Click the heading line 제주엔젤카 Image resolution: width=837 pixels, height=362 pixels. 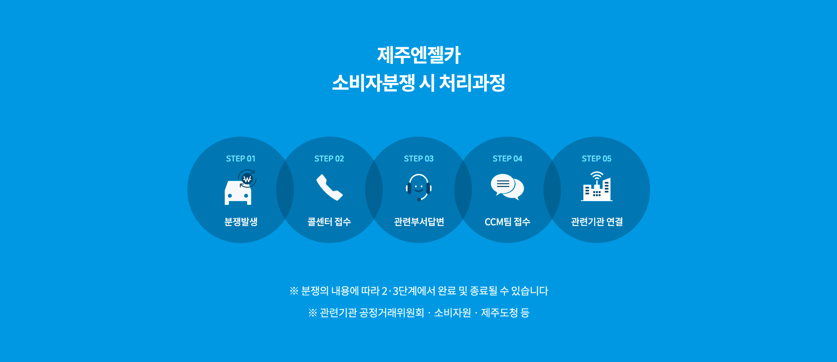[418, 55]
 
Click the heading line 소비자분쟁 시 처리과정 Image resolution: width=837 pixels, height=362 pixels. [418, 82]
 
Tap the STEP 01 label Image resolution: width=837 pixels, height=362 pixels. [241, 158]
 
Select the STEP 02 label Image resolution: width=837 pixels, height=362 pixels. [329, 158]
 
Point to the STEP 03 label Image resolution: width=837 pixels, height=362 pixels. [418, 158]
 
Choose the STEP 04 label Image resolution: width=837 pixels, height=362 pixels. [508, 158]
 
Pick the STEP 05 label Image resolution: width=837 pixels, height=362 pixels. [597, 158]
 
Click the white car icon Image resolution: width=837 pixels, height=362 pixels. [238, 193]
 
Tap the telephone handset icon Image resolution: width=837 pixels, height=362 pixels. [329, 187]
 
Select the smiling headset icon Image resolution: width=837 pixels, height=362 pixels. [418, 187]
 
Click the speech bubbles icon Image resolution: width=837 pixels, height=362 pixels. [507, 187]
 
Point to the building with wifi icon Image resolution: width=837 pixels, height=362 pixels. [597, 186]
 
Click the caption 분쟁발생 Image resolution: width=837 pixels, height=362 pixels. [241, 222]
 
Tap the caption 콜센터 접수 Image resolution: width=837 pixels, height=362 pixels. [329, 222]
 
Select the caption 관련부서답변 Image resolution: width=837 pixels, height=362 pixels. [419, 222]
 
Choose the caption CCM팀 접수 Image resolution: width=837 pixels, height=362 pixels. [508, 222]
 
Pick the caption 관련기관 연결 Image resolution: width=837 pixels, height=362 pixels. [597, 222]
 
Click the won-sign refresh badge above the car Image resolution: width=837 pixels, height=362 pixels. [247, 178]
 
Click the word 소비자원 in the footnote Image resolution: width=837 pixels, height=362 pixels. [452, 313]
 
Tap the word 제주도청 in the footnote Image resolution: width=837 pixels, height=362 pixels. [499, 313]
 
